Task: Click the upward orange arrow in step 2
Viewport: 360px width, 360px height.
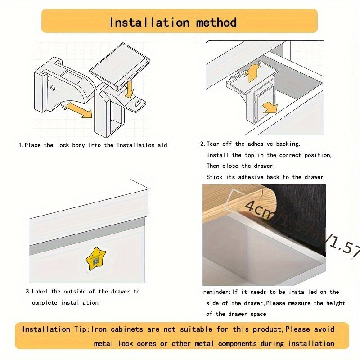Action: tap(255, 72)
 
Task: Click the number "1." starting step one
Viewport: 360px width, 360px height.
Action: tap(21, 145)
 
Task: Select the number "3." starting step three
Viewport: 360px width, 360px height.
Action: tap(28, 292)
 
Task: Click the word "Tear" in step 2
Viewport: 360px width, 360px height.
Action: tap(214, 144)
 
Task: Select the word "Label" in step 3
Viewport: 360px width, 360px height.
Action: tap(41, 292)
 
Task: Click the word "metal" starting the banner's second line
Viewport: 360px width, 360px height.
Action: tap(104, 343)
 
